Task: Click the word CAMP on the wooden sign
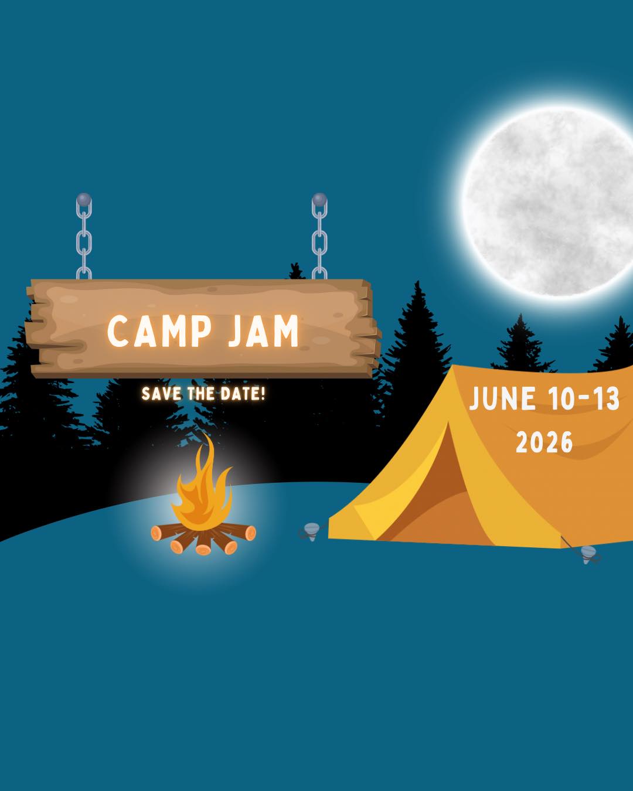click(x=159, y=331)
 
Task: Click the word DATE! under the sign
click(x=243, y=394)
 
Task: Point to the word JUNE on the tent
click(x=502, y=400)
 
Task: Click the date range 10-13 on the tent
click(x=584, y=400)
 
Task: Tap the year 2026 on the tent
click(x=544, y=443)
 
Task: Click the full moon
click(x=548, y=202)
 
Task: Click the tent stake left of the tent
click(x=311, y=531)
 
